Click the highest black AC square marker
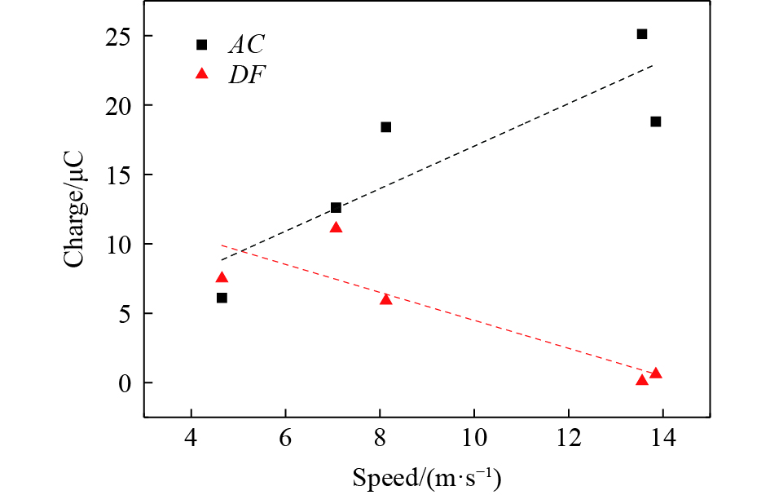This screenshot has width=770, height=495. [x=642, y=34]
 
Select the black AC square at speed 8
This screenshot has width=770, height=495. [x=386, y=127]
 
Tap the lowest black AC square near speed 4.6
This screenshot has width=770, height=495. [x=222, y=298]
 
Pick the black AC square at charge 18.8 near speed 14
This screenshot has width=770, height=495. [x=656, y=122]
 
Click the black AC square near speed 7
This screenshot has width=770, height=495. [x=336, y=208]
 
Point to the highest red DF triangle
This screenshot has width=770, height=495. [x=336, y=228]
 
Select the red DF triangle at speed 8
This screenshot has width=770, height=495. [x=386, y=299]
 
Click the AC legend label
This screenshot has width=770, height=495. [x=247, y=45]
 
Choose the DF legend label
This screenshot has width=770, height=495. [x=247, y=75]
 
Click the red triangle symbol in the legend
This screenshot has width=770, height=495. [x=202, y=75]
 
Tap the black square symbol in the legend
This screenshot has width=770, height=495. [x=202, y=45]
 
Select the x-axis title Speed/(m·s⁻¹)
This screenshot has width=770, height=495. [x=427, y=477]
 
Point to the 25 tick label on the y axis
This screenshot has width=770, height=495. [x=119, y=36]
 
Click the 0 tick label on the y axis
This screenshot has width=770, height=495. [x=125, y=382]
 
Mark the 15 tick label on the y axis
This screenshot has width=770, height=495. [x=119, y=175]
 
